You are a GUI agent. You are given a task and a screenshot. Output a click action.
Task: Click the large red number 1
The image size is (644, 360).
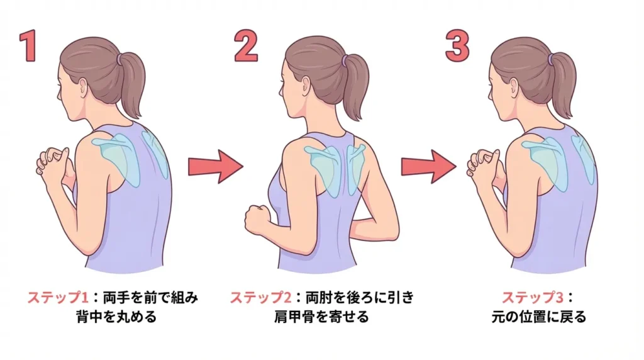[28, 47]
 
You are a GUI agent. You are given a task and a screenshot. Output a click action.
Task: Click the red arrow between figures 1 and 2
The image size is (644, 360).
[214, 167]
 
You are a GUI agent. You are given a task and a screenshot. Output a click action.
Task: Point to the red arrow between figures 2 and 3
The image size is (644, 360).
[428, 167]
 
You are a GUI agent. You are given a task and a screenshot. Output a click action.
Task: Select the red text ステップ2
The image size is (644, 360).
[260, 296]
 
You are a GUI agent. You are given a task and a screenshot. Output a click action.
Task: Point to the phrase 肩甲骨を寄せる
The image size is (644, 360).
[322, 316]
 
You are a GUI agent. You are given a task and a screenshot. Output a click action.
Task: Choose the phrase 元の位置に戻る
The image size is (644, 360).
[538, 316]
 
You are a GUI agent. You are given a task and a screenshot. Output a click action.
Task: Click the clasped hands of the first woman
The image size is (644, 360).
[52, 162]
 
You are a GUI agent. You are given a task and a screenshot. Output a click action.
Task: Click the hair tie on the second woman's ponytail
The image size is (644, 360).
[345, 60]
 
